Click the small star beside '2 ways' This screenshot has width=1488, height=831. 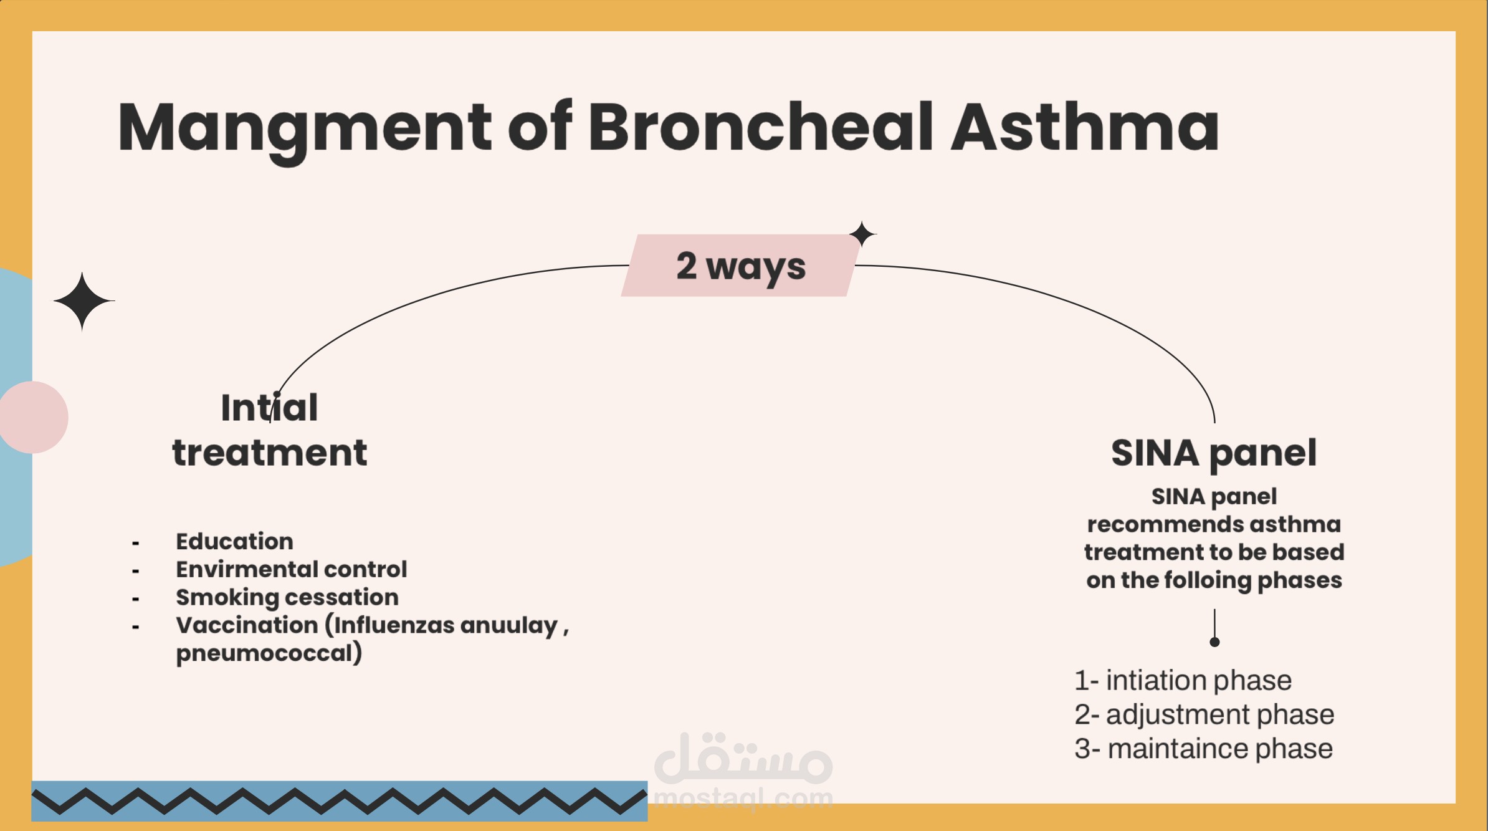pyautogui.click(x=863, y=234)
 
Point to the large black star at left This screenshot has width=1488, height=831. pyautogui.click(x=83, y=301)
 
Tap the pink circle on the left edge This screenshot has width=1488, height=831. pyautogui.click(x=34, y=417)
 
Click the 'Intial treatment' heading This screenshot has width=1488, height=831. pyautogui.click(x=269, y=430)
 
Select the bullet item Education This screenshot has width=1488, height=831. pyautogui.click(x=234, y=541)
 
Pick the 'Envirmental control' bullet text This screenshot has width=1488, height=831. pyautogui.click(x=291, y=569)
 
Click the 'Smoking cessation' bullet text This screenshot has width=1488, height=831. pyautogui.click(x=287, y=597)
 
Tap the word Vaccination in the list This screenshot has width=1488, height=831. pyautogui.click(x=247, y=625)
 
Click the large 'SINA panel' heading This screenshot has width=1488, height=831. pyautogui.click(x=1213, y=453)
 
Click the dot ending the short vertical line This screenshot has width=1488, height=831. pyautogui.click(x=1214, y=642)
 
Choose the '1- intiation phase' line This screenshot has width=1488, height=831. pyautogui.click(x=1183, y=680)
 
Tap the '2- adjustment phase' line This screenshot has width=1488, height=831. pyautogui.click(x=1204, y=714)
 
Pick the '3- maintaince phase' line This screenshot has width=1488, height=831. pyautogui.click(x=1203, y=749)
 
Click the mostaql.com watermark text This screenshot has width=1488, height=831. pyautogui.click(x=743, y=799)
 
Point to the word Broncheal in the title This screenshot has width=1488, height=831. pyautogui.click(x=761, y=128)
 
